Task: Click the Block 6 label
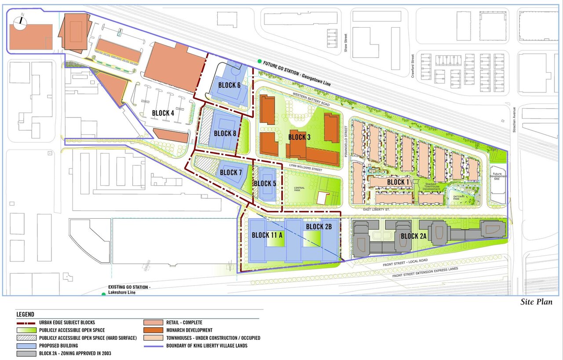point(229,85)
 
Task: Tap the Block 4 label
point(163,113)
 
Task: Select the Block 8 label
point(225,133)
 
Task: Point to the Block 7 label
point(231,173)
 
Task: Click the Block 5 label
point(265,184)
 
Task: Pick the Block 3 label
point(300,137)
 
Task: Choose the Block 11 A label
point(267,235)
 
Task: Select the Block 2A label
point(413,236)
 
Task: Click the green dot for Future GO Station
point(260,62)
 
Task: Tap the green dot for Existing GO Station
point(104,294)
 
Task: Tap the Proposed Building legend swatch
point(26,346)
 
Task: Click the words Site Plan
point(536,302)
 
